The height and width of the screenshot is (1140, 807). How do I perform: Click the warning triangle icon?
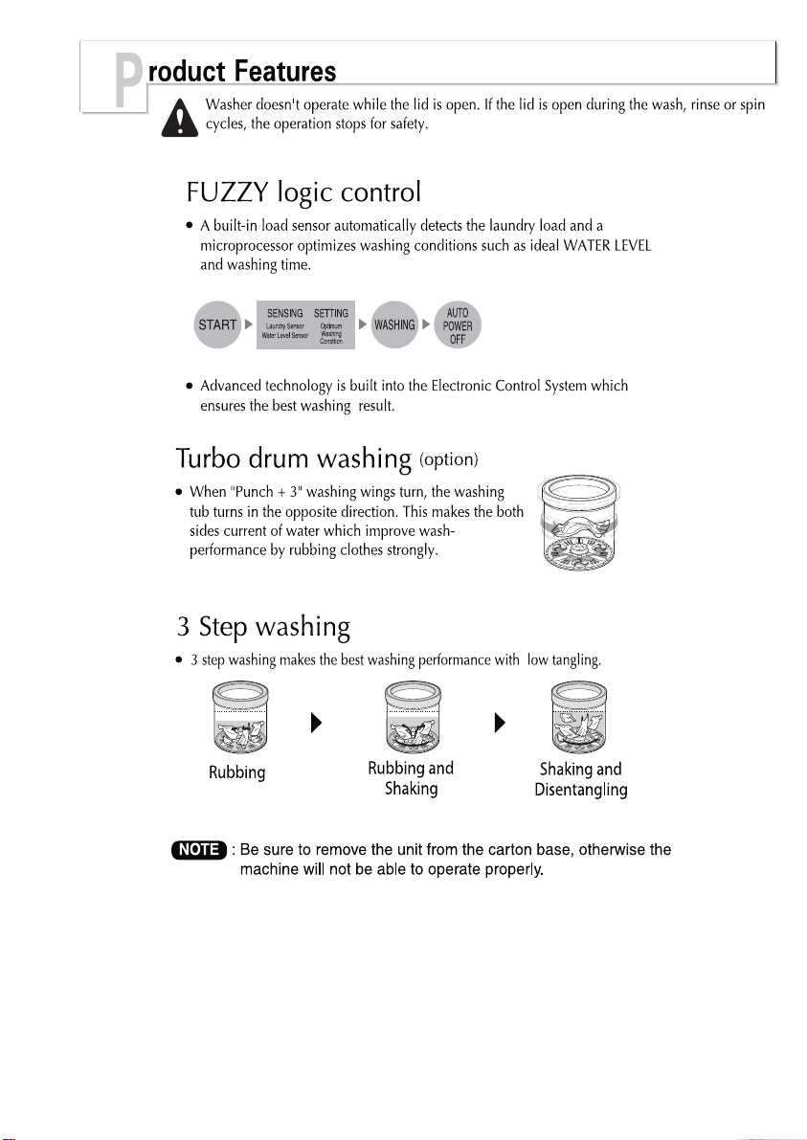(x=179, y=118)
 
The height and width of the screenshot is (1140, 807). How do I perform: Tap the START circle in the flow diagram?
(x=217, y=324)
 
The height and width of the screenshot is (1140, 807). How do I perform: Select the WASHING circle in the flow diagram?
(x=394, y=324)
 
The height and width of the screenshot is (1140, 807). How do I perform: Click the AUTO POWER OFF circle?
(x=458, y=324)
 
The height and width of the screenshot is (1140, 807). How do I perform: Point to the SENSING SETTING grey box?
(x=305, y=324)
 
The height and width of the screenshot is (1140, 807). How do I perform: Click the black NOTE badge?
(x=199, y=849)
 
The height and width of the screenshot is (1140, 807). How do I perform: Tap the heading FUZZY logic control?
(x=303, y=192)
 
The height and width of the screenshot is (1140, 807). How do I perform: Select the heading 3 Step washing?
(x=263, y=627)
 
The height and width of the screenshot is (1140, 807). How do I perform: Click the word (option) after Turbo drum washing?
(x=449, y=459)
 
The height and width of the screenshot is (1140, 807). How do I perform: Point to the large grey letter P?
(x=128, y=83)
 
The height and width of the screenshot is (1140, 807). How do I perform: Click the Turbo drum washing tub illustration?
(x=580, y=524)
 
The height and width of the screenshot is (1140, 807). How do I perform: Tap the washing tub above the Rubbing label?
(x=240, y=718)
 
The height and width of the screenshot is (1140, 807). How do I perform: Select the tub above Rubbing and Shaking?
(x=413, y=718)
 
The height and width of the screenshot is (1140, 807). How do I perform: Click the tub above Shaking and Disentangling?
(x=579, y=718)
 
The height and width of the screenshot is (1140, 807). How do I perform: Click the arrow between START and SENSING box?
(x=249, y=324)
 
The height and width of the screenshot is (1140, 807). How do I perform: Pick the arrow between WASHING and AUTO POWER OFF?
(x=426, y=324)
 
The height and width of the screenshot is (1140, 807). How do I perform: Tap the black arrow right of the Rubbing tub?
(x=316, y=723)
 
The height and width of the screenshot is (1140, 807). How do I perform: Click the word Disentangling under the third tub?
(x=581, y=791)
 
